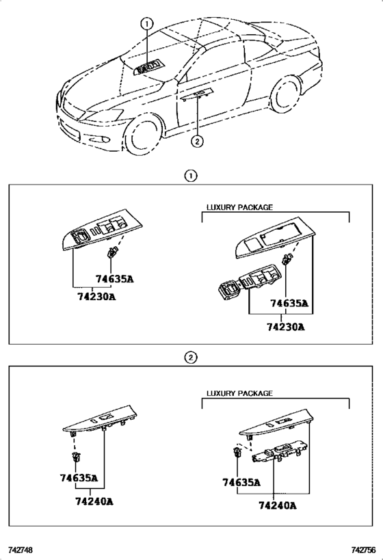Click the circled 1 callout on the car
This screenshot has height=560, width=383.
tap(146, 23)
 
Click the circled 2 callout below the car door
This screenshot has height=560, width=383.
tap(197, 142)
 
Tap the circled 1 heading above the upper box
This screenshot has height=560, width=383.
tap(191, 176)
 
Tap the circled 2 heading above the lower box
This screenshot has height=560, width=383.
tap(191, 357)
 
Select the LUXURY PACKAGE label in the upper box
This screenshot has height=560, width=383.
tap(239, 206)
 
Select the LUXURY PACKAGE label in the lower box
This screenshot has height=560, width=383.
tap(239, 393)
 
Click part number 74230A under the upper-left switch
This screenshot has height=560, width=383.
tap(95, 296)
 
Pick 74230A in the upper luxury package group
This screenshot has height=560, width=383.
tap(285, 326)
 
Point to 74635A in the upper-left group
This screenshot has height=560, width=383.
tap(114, 279)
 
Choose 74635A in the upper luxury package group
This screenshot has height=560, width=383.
tap(289, 303)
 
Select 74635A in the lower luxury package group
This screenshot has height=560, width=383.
tap(241, 482)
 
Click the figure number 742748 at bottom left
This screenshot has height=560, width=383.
tap(20, 550)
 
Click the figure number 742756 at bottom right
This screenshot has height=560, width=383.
tap(363, 550)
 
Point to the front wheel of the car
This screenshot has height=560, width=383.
tap(145, 133)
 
